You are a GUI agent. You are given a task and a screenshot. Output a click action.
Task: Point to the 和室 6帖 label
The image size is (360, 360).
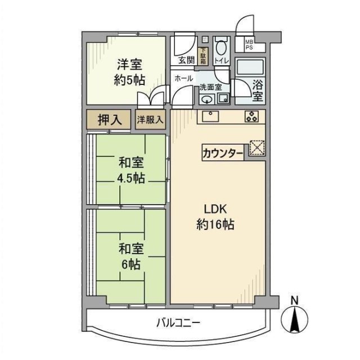click(131, 255)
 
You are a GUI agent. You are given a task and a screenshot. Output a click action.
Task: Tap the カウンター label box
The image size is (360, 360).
click(223, 152)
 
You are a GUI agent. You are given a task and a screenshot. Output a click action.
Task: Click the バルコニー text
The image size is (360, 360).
click(178, 323)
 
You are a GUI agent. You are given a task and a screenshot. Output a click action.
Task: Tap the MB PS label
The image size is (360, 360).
click(248, 44)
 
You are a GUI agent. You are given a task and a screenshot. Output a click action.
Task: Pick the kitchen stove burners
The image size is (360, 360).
click(251, 117)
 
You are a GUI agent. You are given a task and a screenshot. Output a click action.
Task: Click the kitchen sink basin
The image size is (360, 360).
click(211, 117)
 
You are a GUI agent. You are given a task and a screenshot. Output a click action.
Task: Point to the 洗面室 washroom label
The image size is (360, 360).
click(210, 87)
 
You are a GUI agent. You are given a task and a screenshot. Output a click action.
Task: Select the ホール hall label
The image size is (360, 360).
click(184, 78)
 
